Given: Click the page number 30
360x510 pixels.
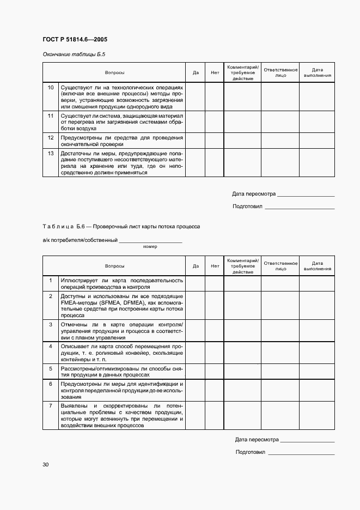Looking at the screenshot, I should (46, 464).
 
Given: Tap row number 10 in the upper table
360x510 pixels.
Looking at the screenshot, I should (51, 87).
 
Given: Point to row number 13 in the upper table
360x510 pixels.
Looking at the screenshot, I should (51, 154).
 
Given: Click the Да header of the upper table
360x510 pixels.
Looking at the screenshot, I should (196, 72).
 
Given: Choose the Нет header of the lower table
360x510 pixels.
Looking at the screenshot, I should (215, 266).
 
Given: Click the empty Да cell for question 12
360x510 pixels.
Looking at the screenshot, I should (196, 141).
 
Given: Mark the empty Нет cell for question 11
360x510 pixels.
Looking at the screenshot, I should (215, 123).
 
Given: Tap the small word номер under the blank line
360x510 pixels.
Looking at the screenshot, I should (150, 247).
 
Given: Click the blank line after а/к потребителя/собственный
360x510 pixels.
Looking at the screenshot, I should (150, 241).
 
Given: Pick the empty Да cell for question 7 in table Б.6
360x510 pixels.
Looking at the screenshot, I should (196, 416).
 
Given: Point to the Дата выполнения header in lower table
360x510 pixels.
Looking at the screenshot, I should (318, 266).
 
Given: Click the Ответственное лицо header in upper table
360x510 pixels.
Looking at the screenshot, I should (280, 72).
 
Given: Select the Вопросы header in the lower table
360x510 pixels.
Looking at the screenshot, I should (115, 266).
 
